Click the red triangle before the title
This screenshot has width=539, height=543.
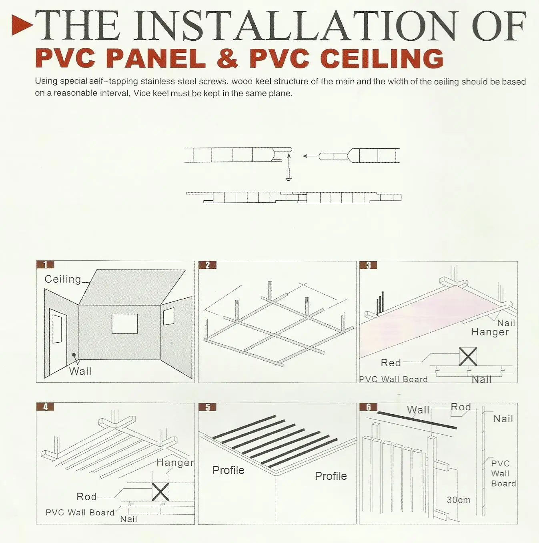point(22,25)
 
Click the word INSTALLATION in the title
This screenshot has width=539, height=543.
point(295,26)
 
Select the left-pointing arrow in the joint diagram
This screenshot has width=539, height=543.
point(309,156)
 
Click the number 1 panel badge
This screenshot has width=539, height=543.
point(45,264)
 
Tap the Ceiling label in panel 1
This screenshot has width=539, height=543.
point(63,279)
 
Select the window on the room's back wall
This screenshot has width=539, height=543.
point(124,323)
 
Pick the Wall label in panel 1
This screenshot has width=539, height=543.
point(80,371)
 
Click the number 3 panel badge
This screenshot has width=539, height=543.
point(369,265)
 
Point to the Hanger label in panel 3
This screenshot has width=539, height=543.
point(490,332)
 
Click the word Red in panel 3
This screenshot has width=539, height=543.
point(391,363)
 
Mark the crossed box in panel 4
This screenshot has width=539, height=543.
point(160,492)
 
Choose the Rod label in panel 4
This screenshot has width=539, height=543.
point(86,497)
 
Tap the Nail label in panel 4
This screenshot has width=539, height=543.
point(128,519)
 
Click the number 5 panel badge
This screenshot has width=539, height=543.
point(208,407)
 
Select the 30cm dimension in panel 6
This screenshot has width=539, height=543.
point(459,500)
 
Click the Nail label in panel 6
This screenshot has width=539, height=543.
point(503,419)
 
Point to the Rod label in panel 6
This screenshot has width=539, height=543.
point(461,407)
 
